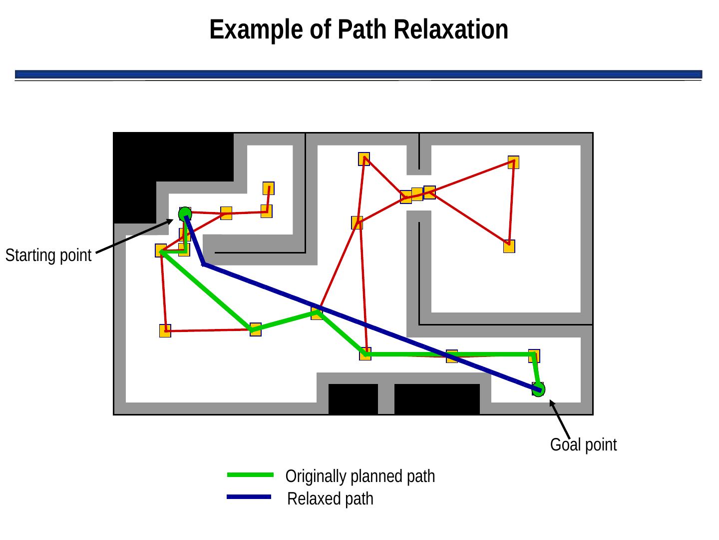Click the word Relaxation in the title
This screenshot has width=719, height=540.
[451, 29]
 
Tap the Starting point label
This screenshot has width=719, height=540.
[48, 256]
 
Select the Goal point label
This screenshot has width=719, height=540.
[583, 444]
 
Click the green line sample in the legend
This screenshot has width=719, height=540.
[250, 475]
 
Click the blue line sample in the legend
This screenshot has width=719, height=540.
[249, 497]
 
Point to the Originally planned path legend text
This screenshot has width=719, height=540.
[360, 476]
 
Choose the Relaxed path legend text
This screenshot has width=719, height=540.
[331, 499]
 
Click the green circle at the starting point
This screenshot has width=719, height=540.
[185, 213]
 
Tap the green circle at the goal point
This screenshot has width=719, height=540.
[538, 389]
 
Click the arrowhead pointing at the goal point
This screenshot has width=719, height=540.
[552, 403]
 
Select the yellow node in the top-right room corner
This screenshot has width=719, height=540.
[513, 162]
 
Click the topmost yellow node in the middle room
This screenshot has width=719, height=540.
[364, 159]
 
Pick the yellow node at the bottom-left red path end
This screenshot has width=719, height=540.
[165, 330]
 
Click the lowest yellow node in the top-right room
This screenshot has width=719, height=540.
[509, 246]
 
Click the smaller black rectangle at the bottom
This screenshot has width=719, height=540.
[353, 399]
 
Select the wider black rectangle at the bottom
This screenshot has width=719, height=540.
[437, 399]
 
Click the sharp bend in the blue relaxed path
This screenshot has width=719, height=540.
[204, 263]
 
